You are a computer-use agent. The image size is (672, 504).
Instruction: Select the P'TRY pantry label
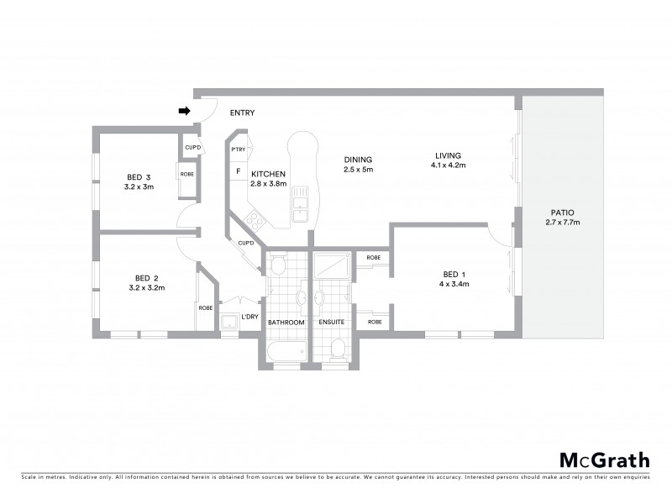(x=238, y=150)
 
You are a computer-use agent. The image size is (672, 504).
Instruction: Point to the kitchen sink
(x=299, y=204)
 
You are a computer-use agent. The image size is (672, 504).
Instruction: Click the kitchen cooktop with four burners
(x=255, y=221)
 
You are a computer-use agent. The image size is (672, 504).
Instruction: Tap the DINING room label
(x=357, y=160)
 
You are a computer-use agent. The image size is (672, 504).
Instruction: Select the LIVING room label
(x=448, y=155)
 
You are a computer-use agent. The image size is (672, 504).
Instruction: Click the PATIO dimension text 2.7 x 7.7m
(x=562, y=223)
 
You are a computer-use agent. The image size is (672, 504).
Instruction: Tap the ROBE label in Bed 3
(x=187, y=174)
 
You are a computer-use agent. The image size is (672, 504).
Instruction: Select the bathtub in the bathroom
(x=286, y=349)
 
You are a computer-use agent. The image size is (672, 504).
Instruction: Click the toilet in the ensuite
(x=336, y=348)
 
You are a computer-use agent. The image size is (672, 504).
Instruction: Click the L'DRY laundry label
(x=249, y=317)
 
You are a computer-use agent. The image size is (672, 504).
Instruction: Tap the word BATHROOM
(x=286, y=322)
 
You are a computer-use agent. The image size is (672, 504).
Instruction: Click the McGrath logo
(x=604, y=459)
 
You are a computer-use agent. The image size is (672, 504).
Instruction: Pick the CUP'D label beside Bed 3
(x=192, y=148)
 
